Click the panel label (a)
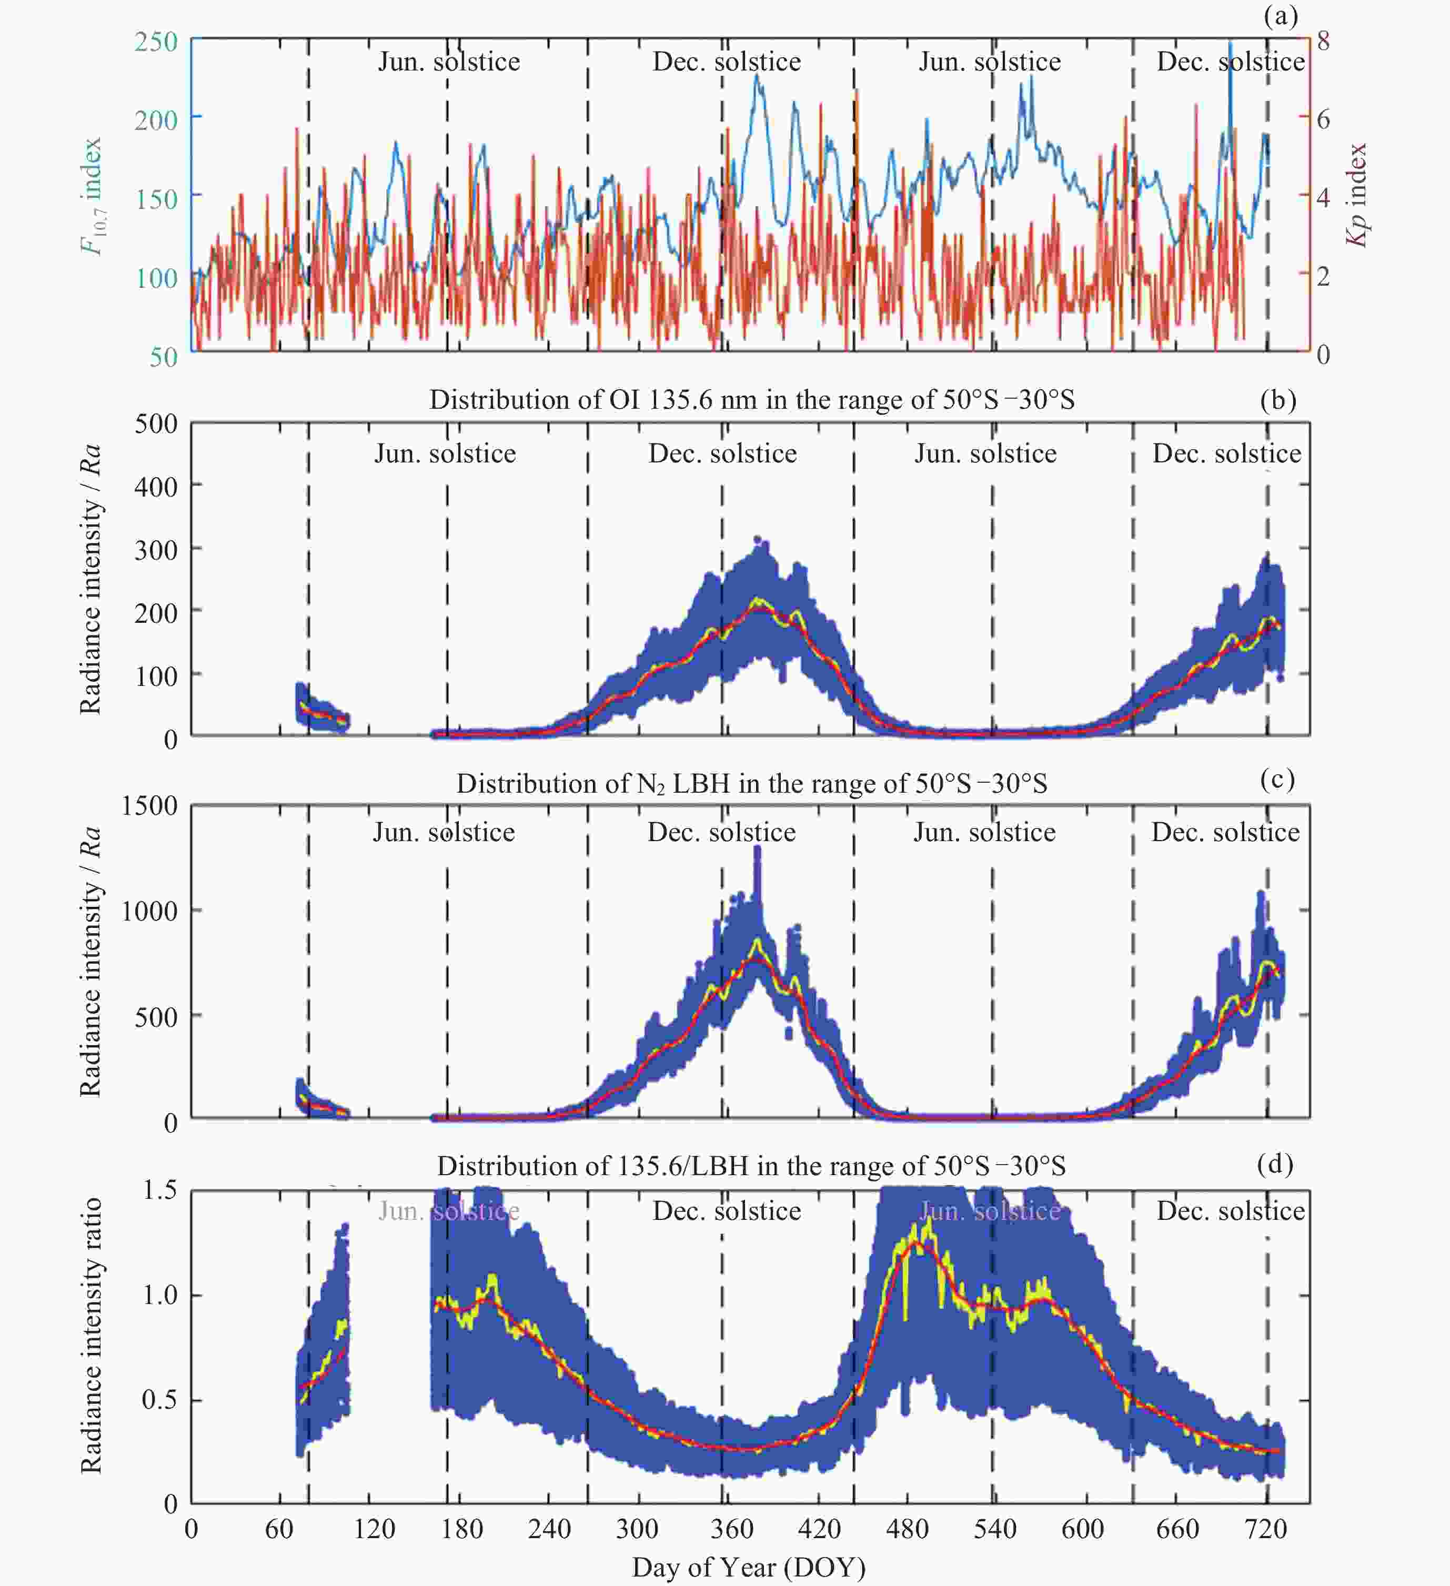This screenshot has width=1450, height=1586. (1280, 16)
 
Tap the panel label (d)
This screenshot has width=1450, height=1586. (1275, 1163)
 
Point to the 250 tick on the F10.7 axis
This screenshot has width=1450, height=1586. (156, 41)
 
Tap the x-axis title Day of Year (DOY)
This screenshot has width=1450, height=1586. (748, 1567)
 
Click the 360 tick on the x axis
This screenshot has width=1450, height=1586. (732, 1529)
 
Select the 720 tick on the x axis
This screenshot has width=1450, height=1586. (1265, 1529)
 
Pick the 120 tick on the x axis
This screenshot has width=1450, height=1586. (374, 1529)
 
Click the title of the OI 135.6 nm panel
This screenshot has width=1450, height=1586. (751, 400)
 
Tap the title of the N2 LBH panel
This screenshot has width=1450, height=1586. (751, 784)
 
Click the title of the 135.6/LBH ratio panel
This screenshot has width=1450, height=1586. (751, 1166)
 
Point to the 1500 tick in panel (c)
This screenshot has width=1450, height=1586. (149, 805)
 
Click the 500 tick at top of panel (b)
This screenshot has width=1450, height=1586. (156, 423)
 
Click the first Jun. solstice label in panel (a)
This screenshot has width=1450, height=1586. (448, 62)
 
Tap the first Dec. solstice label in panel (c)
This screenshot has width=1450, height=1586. (721, 832)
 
